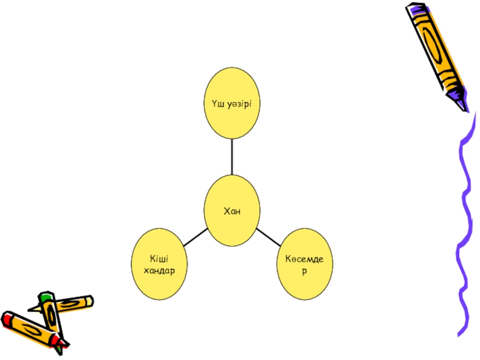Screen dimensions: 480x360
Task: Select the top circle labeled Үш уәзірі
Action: [232, 103]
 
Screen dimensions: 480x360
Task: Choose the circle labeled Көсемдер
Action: [305, 265]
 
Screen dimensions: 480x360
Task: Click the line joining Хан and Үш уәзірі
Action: [232, 157]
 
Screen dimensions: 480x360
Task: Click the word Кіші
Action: [158, 259]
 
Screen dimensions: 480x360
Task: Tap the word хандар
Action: [159, 270]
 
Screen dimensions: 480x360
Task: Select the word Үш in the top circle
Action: [218, 104]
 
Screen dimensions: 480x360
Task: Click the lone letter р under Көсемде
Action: [304, 271]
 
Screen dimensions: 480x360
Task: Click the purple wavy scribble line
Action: [465, 228]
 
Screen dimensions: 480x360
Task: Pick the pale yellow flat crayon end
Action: [89, 300]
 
